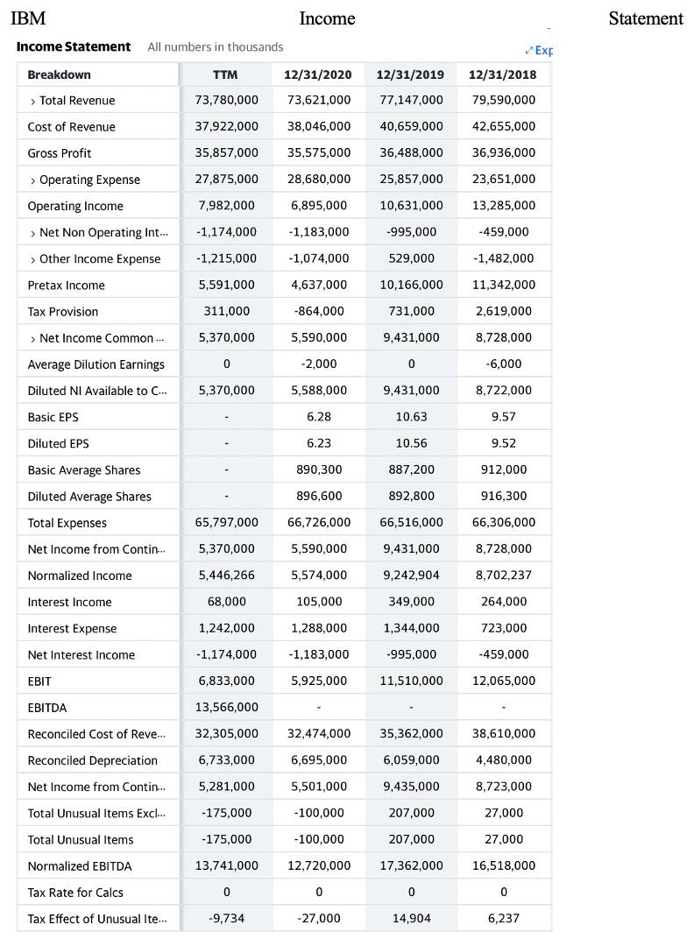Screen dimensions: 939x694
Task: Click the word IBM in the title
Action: tap(28, 18)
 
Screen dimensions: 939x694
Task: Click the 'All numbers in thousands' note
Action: tap(215, 46)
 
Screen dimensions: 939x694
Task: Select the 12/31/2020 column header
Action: tap(318, 74)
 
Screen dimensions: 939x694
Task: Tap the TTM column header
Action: tap(225, 74)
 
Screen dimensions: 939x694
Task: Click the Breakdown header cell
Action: tap(59, 74)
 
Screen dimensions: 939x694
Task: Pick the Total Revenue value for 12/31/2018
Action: tap(504, 101)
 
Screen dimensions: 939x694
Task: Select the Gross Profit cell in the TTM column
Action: tap(226, 153)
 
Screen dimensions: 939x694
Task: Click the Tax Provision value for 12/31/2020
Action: tap(318, 312)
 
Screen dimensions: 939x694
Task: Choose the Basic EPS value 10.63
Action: tap(411, 417)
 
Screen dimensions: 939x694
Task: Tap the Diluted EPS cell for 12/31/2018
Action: tap(504, 443)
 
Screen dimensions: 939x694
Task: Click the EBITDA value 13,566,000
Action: tap(226, 708)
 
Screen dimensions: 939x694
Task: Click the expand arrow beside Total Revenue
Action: tap(32, 101)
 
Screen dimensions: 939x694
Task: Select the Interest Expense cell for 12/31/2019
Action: tap(411, 628)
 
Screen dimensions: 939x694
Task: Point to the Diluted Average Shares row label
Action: tap(89, 497)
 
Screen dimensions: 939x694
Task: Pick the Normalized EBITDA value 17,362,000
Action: tap(411, 865)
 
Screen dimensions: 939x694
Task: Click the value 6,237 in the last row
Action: tap(504, 919)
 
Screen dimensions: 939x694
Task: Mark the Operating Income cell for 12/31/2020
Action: tap(318, 206)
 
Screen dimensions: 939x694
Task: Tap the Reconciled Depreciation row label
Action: tap(93, 760)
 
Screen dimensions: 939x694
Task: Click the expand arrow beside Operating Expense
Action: tap(32, 180)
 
